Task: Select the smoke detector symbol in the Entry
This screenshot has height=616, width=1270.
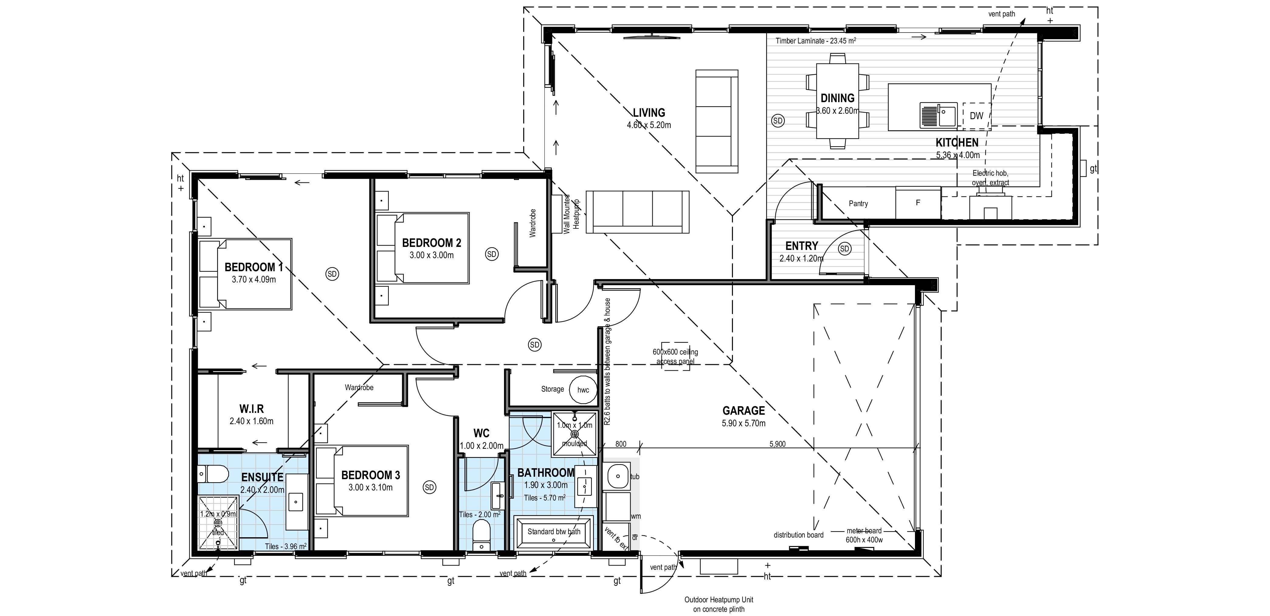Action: pos(844,249)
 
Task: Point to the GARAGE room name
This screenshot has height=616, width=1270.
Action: pos(744,410)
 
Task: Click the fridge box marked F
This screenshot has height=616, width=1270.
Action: pos(918,203)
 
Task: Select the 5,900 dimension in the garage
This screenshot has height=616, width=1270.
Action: pos(778,444)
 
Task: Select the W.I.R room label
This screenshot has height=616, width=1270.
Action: pos(251,409)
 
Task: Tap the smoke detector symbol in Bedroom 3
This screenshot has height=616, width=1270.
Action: pos(430,487)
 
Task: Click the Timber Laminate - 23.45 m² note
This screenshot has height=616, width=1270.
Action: pos(816,41)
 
